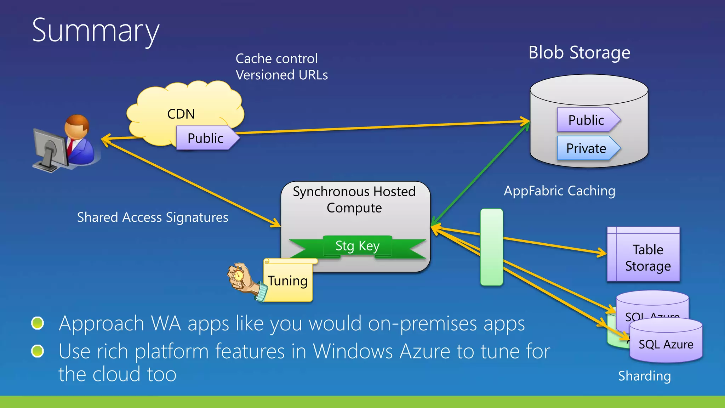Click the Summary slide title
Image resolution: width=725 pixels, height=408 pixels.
coord(96,31)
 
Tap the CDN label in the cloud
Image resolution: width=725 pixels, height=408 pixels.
coord(181,114)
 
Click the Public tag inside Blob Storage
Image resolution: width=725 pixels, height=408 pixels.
coord(586,120)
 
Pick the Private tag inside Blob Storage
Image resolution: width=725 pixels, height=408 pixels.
coord(586,148)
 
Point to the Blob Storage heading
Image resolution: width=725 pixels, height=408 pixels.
coord(579,53)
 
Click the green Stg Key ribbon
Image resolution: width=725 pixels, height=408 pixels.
coord(358,246)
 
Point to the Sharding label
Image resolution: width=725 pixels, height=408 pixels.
coord(644,376)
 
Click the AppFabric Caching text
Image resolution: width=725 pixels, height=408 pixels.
coord(559,191)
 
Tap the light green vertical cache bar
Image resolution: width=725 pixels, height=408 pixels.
coord(491,247)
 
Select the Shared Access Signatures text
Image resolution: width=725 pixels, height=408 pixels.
coord(153,217)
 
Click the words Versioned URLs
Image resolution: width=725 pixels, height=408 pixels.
coord(282,75)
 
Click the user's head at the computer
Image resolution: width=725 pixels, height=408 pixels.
coord(76,127)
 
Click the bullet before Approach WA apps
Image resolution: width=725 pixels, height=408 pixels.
coord(38,323)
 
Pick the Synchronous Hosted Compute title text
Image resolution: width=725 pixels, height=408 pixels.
coord(354,199)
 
